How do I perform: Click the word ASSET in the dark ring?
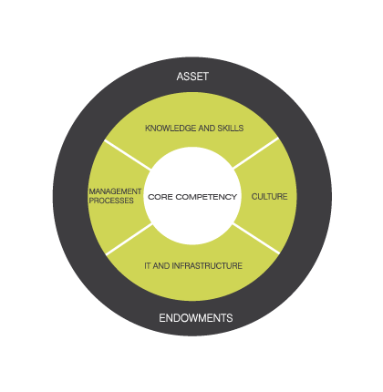coord(192,77)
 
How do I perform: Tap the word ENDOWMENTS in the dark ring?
coord(196,318)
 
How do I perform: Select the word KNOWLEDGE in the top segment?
coord(171,129)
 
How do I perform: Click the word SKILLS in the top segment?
coord(231,129)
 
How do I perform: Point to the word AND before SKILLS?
coord(206,129)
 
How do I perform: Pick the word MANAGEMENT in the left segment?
coord(115,191)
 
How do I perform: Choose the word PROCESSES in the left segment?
coord(111,201)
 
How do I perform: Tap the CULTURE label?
coord(269,197)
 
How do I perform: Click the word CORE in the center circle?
coord(160,197)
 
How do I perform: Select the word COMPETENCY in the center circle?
coord(206,197)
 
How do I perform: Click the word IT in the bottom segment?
coord(148,266)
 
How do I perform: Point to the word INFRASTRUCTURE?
coord(207,266)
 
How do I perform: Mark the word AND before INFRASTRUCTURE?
coord(161,266)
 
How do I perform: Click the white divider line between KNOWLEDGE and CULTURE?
coord(256,152)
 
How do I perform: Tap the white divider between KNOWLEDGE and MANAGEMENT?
coord(128,154)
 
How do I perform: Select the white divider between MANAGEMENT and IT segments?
coord(129,239)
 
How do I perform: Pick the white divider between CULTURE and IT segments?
coord(256,239)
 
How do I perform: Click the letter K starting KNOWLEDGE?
coord(148,129)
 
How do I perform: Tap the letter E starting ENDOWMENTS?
coord(162,318)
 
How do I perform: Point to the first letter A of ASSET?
coord(180,77)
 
